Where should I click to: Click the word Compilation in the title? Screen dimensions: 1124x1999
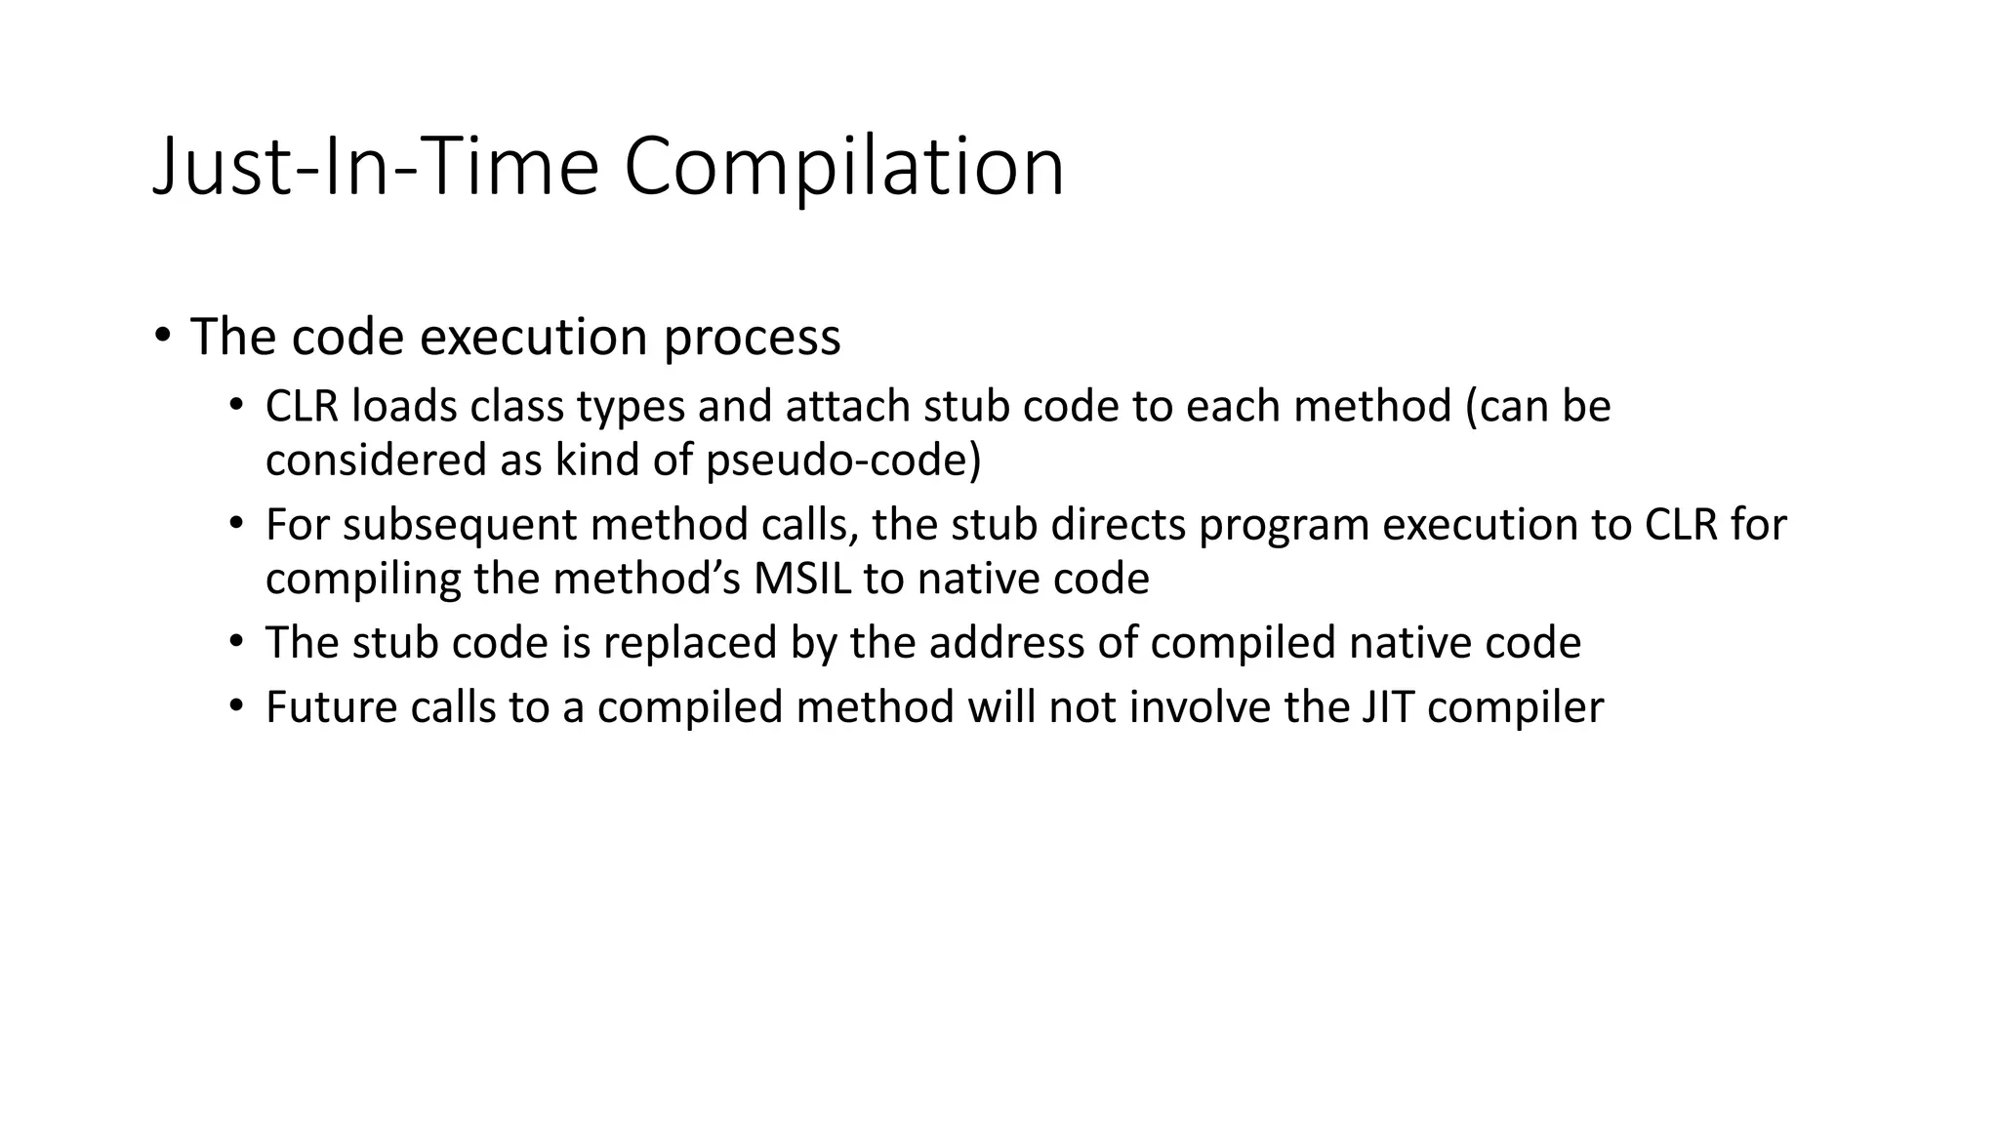[x=843, y=168]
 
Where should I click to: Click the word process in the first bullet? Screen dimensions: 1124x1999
[x=752, y=338]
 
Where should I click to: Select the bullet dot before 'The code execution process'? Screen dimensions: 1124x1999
[x=162, y=336]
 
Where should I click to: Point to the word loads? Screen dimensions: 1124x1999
[x=404, y=407]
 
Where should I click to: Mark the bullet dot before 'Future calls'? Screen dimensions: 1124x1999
[x=235, y=705]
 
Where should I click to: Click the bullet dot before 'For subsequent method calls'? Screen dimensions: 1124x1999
[x=235, y=524]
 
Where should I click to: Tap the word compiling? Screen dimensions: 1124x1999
[x=363, y=581]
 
